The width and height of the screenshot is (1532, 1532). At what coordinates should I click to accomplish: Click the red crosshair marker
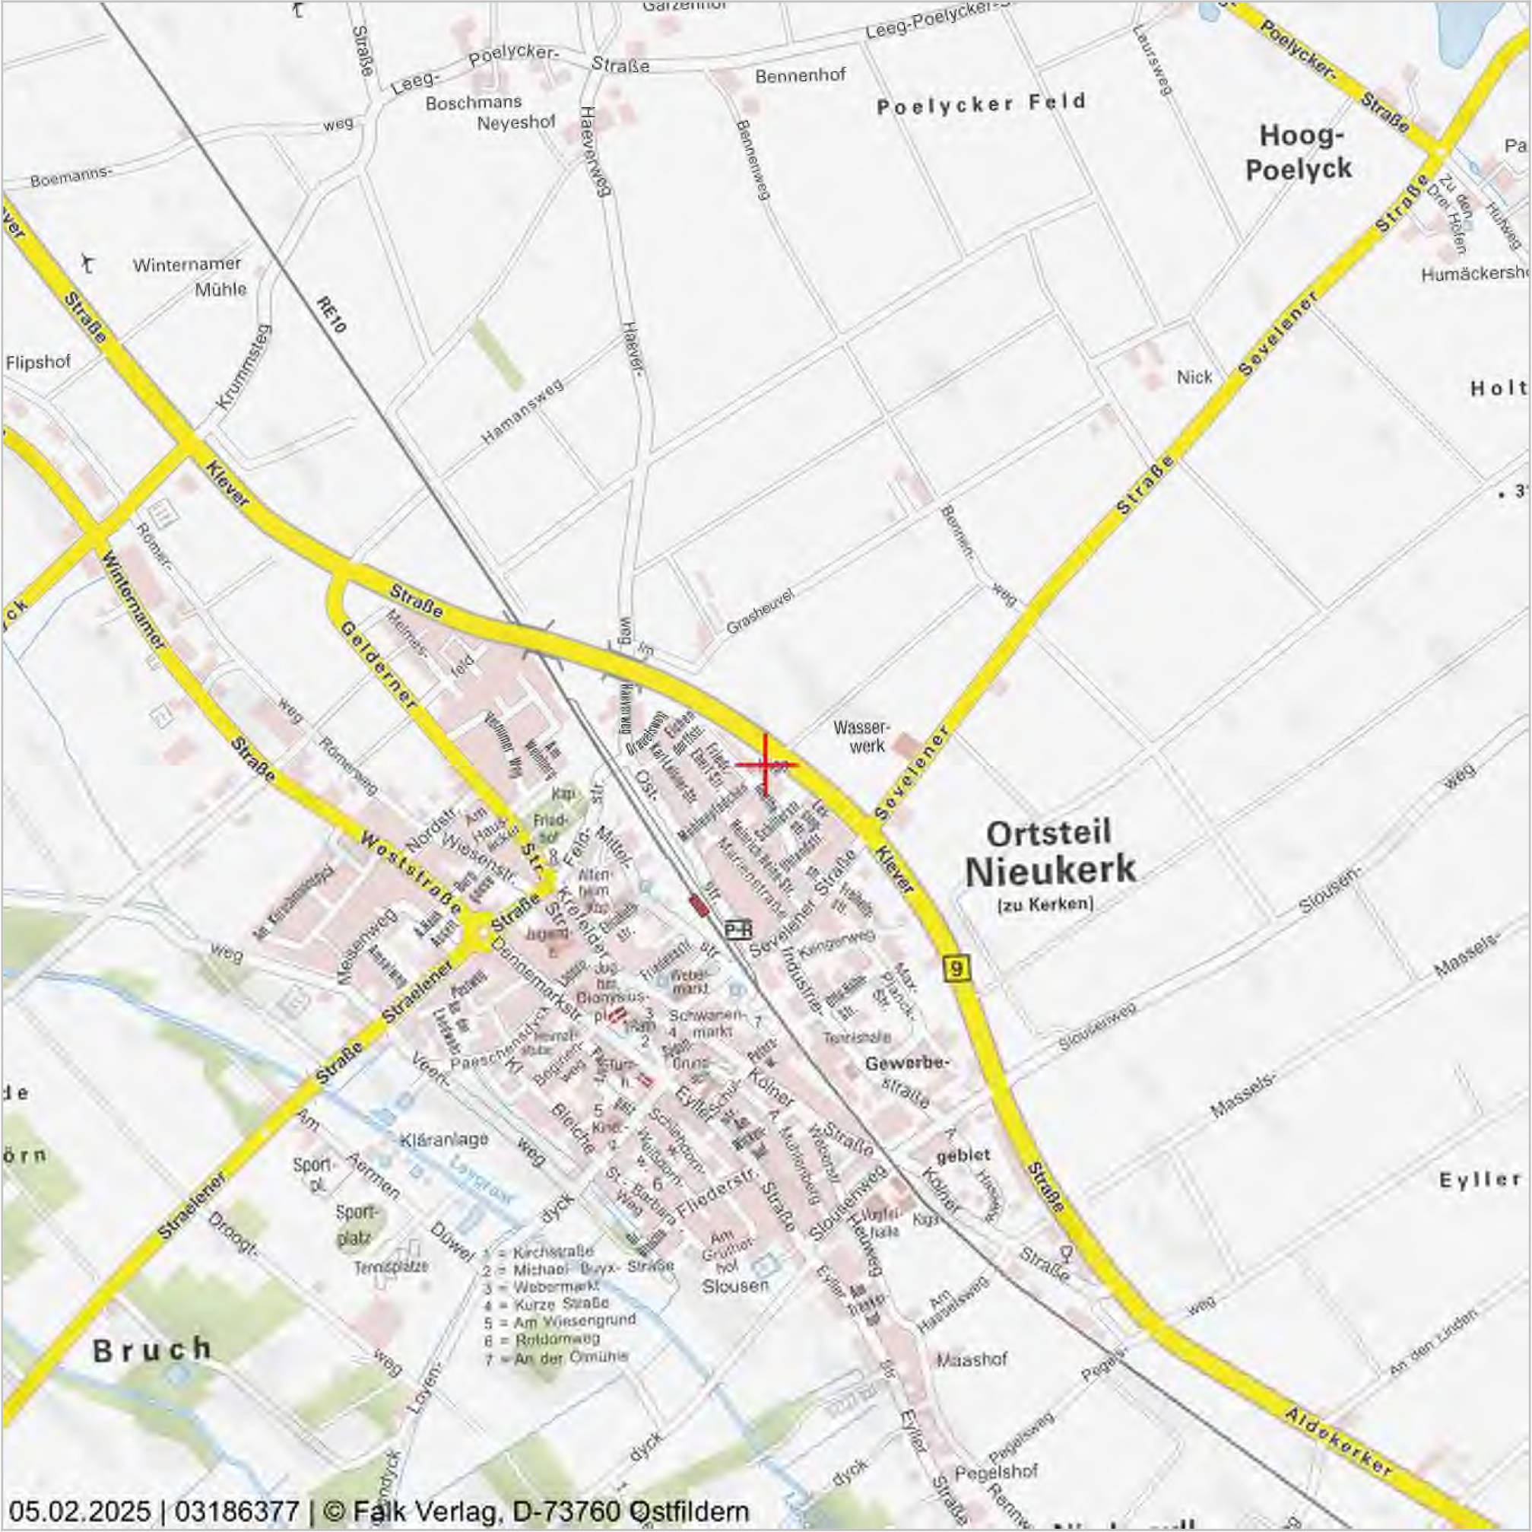click(x=765, y=764)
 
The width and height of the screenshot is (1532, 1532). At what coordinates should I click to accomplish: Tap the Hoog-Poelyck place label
click(x=1299, y=152)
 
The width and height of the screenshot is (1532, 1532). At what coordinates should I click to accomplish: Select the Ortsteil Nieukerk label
click(x=1051, y=854)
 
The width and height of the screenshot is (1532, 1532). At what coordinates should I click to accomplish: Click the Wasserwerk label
click(x=862, y=736)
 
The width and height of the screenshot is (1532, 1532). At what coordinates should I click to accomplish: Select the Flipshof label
click(x=38, y=363)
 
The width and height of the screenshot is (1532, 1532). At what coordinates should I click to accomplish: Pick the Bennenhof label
click(x=800, y=76)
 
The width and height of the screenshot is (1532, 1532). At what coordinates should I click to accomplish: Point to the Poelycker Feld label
click(x=981, y=104)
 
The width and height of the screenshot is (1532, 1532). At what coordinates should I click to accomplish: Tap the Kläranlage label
click(x=443, y=1140)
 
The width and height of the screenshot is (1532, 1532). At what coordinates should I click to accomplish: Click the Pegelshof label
click(x=997, y=1473)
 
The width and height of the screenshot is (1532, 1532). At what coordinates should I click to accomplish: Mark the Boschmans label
click(x=474, y=103)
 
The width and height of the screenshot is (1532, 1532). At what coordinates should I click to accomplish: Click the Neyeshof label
click(x=515, y=123)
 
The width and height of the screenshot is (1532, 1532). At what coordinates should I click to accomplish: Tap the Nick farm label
click(x=1194, y=377)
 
